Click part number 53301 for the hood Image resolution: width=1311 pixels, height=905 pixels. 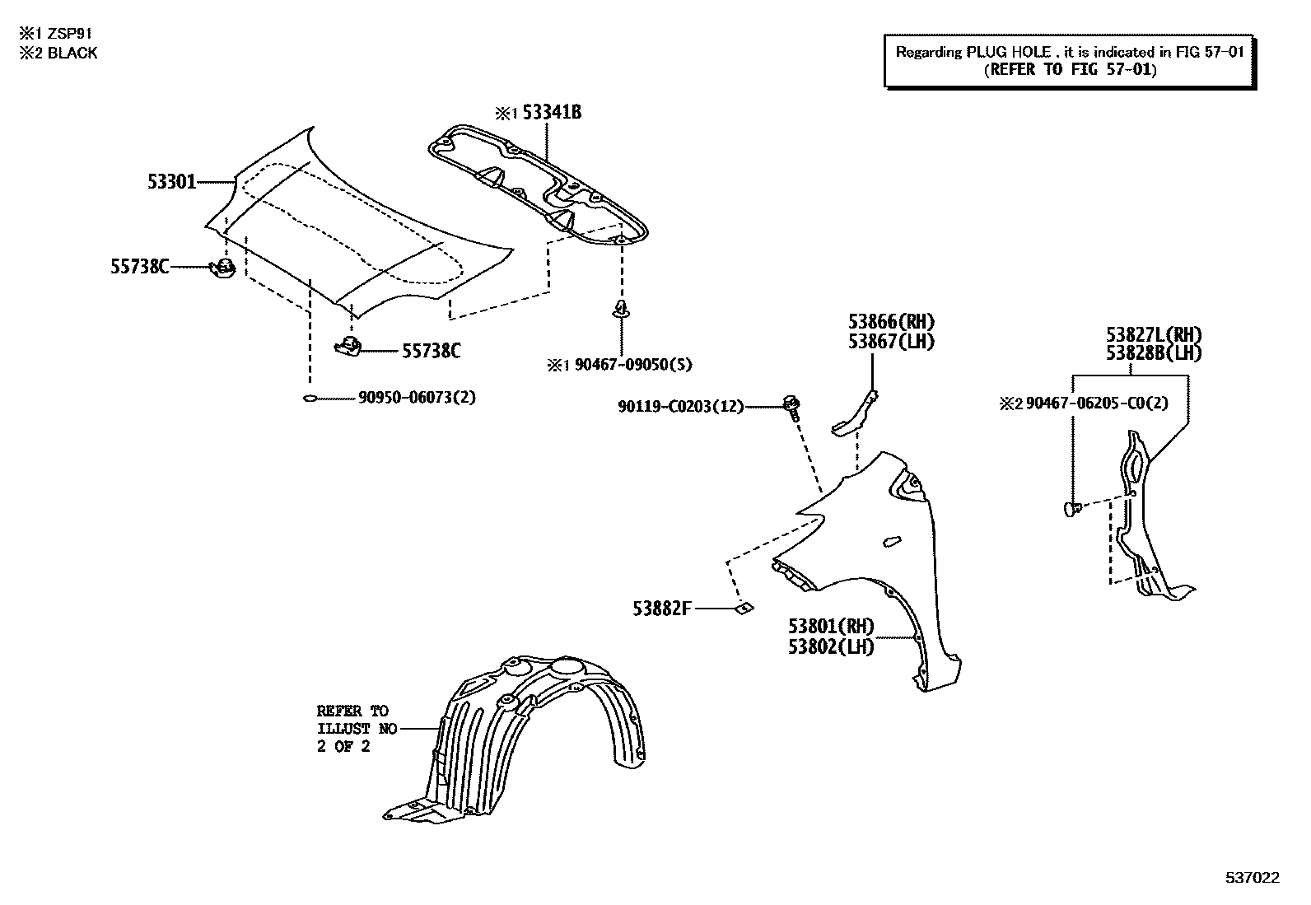172,181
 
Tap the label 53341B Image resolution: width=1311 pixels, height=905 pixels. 552,113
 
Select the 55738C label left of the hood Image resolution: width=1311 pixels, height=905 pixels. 140,266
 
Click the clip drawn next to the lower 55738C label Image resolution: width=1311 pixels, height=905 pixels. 348,347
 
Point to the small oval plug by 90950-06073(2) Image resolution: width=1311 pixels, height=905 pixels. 310,399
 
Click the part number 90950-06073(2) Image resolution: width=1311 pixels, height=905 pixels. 417,398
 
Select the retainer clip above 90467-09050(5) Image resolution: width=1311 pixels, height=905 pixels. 620,310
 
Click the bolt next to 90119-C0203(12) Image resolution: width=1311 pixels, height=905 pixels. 792,405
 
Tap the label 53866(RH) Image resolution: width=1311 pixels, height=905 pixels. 891,323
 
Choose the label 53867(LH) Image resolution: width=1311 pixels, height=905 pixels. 891,341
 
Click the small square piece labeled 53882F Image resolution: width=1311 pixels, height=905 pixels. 742,609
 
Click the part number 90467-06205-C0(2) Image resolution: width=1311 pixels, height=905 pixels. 1096,404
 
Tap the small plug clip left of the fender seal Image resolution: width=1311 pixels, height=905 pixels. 1071,509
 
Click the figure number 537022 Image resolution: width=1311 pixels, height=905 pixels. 1253,878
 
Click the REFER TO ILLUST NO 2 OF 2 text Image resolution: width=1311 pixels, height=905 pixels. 357,729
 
